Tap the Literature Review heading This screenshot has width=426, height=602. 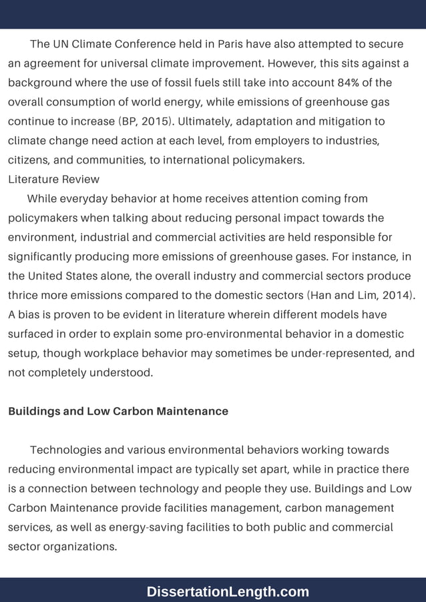click(x=53, y=180)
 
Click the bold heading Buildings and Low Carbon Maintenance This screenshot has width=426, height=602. click(x=118, y=411)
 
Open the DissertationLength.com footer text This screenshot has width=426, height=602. click(x=228, y=591)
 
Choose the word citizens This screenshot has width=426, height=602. click(x=30, y=160)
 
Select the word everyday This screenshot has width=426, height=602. click(x=83, y=199)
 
